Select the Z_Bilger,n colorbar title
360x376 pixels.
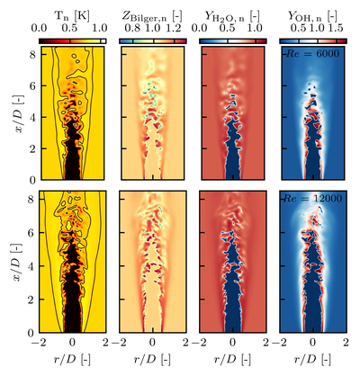153,13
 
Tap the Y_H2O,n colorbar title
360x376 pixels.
233,13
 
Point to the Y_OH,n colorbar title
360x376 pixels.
313,13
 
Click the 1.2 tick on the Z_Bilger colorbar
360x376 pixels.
180,29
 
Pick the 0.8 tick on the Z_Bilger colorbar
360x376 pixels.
132,29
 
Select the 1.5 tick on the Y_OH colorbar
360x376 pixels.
337,29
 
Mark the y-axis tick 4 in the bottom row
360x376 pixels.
31,260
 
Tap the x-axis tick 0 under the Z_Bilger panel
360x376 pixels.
153,341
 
